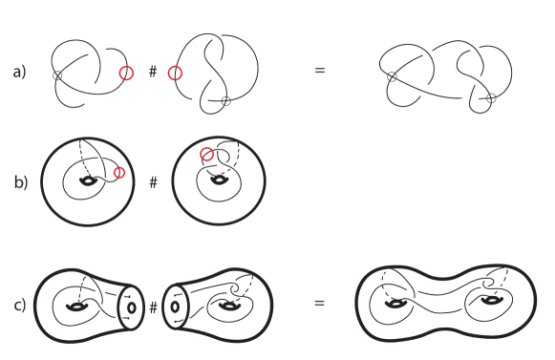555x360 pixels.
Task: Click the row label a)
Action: point(19,71)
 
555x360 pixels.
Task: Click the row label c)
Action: point(19,306)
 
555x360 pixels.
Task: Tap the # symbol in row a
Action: point(153,72)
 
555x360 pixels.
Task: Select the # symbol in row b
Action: point(153,180)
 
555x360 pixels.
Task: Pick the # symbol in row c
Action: point(153,307)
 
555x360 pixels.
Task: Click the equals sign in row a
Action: point(319,71)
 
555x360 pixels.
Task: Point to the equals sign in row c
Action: point(319,305)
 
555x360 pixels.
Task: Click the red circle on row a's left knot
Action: point(126,73)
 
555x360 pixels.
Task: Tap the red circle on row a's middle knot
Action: point(174,73)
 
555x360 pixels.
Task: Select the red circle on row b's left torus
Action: point(118,172)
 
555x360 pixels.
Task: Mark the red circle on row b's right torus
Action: point(206,154)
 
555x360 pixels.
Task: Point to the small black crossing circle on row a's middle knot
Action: point(225,100)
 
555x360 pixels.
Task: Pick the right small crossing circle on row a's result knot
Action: point(490,99)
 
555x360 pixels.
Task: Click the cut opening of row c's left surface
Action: point(131,308)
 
